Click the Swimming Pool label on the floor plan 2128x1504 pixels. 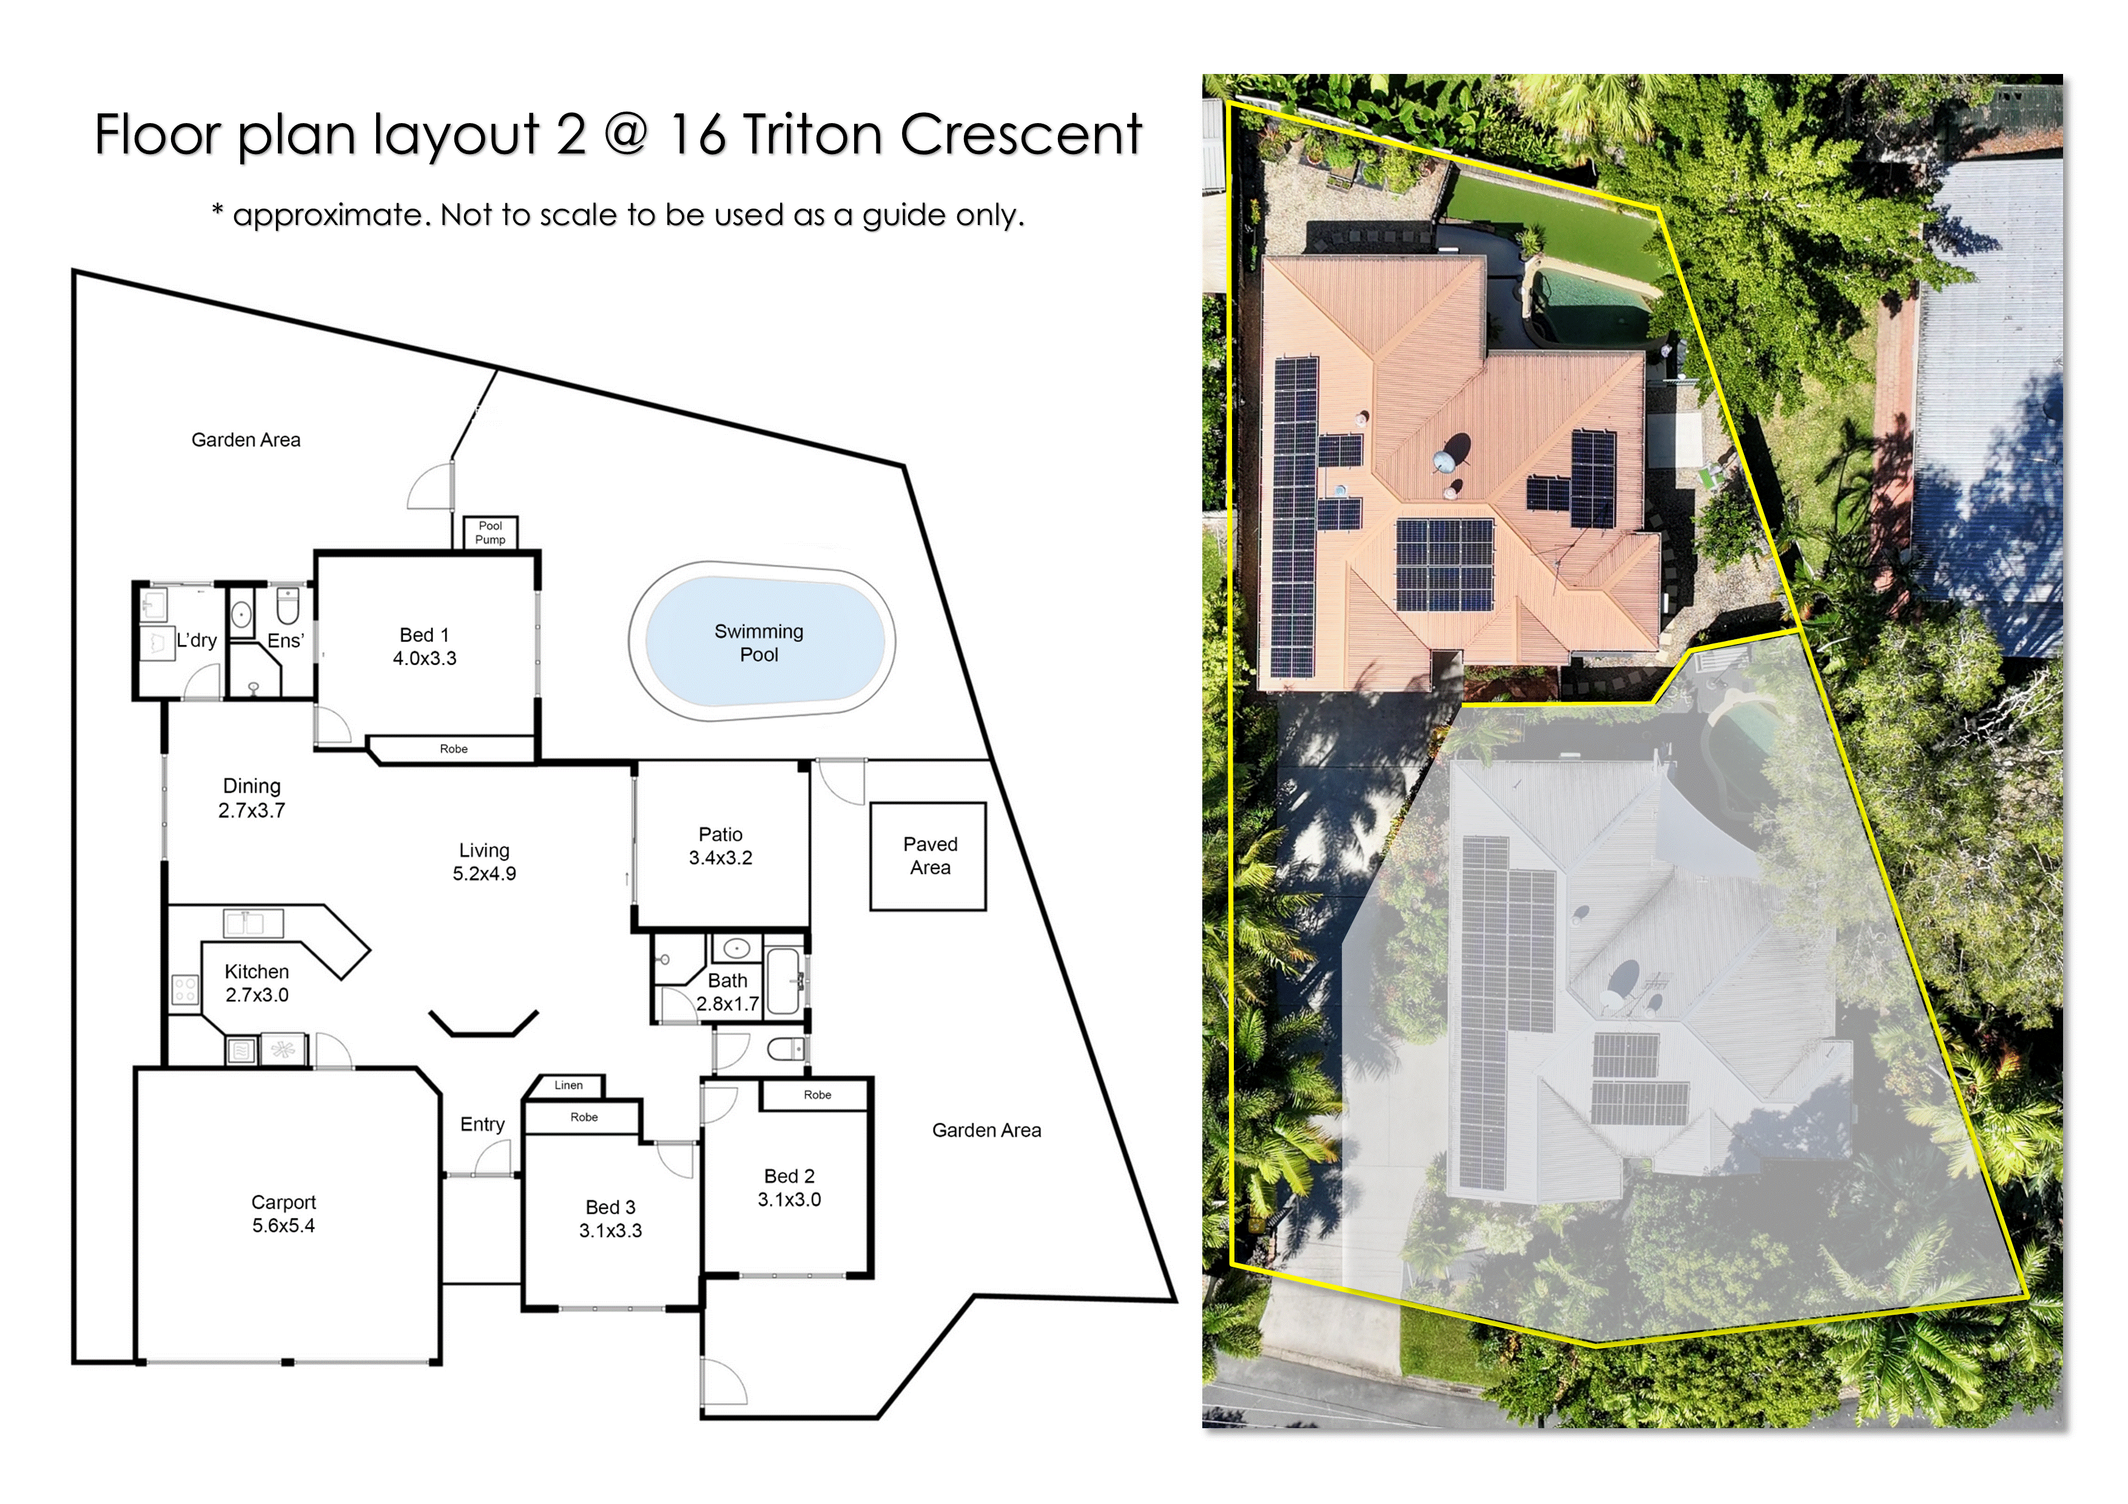(758, 643)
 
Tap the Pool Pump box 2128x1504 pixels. (490, 533)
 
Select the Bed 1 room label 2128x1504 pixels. (425, 635)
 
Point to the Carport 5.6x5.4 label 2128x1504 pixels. (284, 1214)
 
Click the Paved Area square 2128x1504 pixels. (928, 856)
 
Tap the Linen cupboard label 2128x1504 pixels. (569, 1085)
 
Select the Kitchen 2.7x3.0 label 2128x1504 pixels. (257, 983)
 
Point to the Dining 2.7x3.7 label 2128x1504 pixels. (251, 798)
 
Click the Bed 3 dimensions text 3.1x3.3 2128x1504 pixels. (611, 1230)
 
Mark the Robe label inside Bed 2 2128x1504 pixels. (818, 1095)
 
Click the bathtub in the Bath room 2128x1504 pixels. (784, 981)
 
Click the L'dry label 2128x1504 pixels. (197, 640)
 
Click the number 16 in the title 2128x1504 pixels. (697, 135)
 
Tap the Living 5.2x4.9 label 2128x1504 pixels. (484, 862)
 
